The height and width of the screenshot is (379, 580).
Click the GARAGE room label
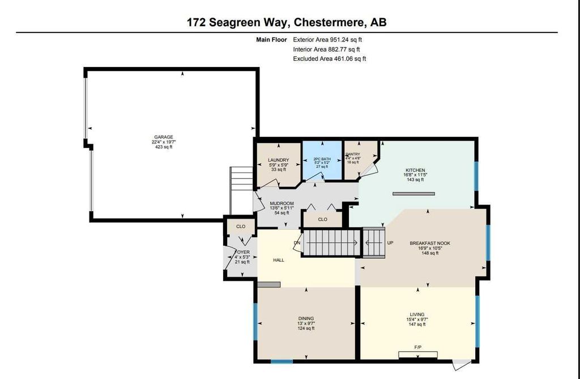pos(162,137)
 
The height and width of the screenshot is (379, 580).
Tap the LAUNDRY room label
pos(278,160)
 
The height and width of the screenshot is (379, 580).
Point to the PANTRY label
pos(353,154)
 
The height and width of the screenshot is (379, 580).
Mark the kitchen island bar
pos(413,193)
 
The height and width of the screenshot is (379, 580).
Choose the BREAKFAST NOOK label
pos(429,243)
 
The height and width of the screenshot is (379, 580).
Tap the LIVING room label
pos(417,314)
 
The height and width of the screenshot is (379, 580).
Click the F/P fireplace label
pos(417,347)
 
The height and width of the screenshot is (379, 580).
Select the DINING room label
pos(306,318)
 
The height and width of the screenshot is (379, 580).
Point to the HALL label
pos(278,260)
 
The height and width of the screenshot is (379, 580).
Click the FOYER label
pos(242,251)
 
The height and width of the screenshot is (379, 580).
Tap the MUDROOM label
pos(282,203)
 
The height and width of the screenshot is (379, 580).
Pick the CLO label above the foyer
pos(240,226)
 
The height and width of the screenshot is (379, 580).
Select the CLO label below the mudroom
pos(322,219)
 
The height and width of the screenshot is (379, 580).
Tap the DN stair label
pos(297,243)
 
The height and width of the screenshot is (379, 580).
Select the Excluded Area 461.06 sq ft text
pos(329,58)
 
